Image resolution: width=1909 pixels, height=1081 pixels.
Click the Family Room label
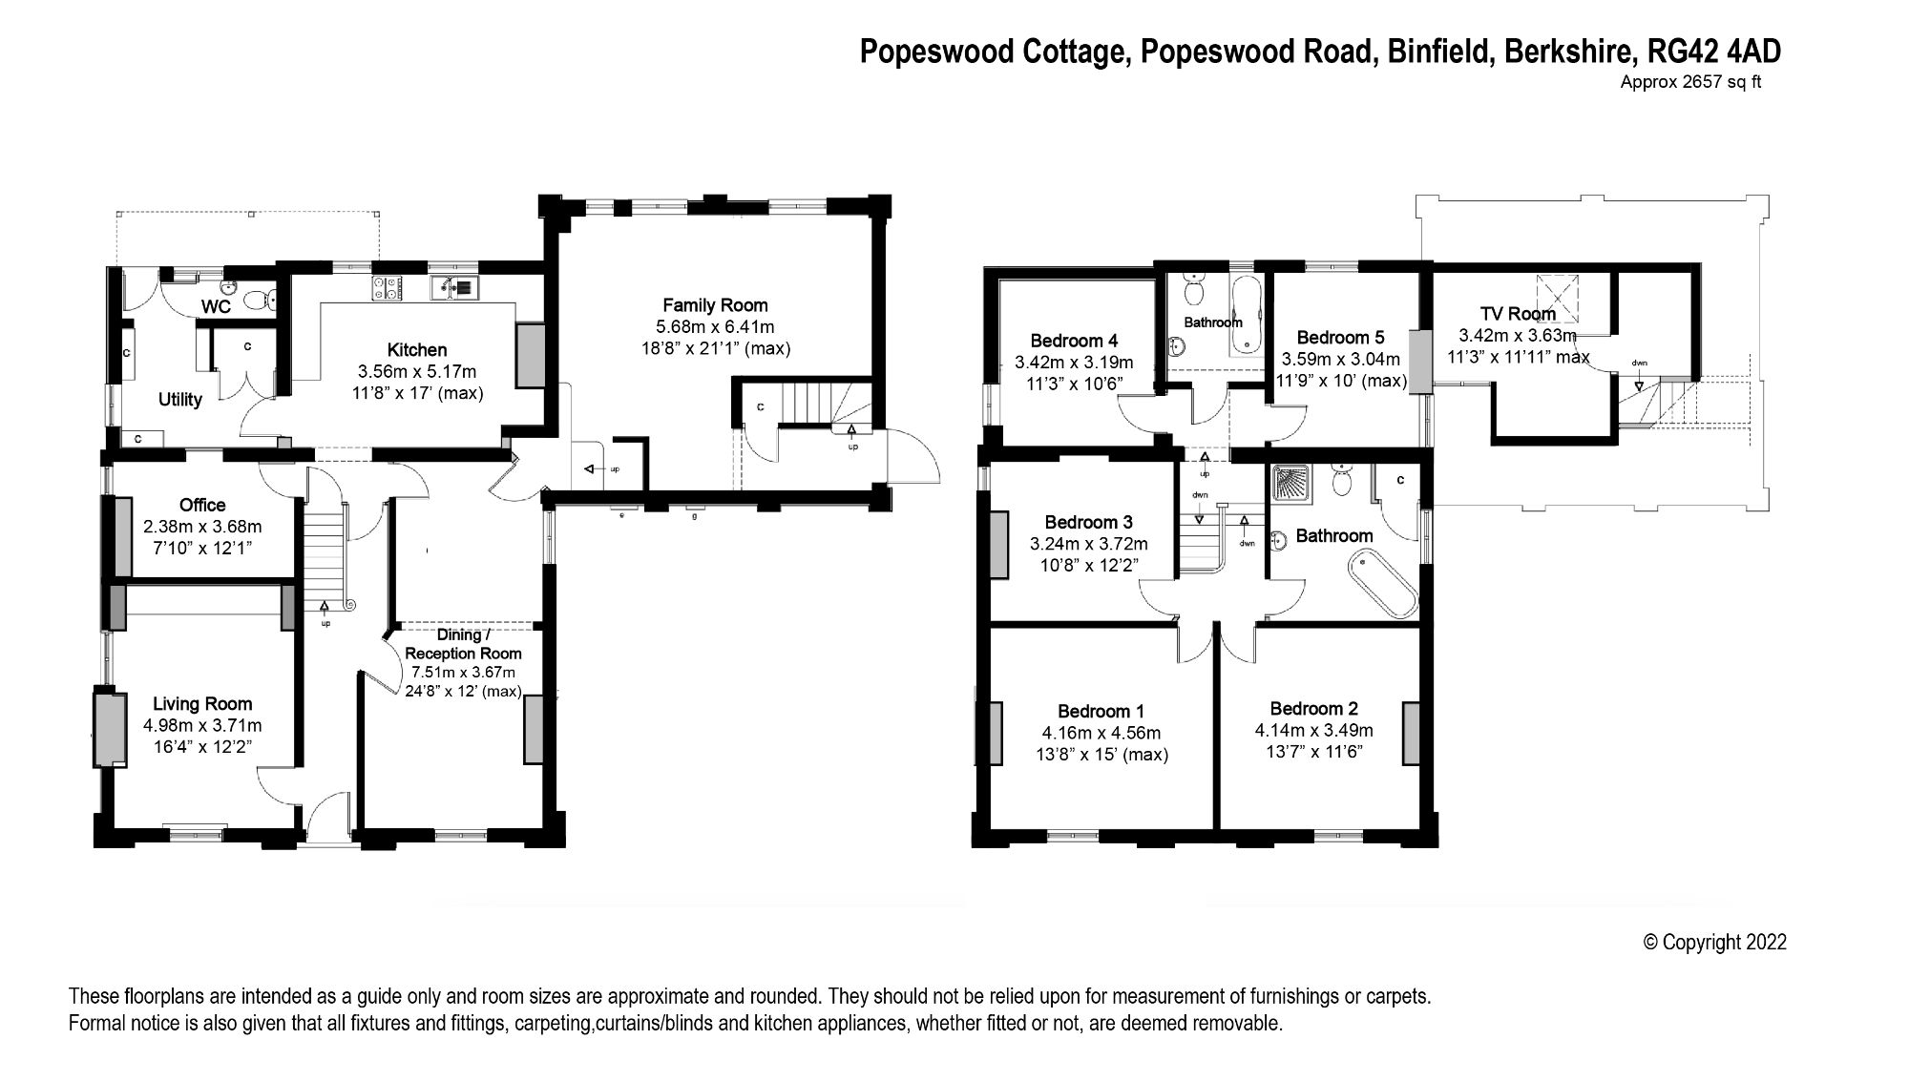click(715, 305)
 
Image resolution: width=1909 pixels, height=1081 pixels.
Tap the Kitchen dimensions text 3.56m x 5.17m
click(416, 371)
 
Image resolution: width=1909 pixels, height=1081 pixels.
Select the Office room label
click(202, 505)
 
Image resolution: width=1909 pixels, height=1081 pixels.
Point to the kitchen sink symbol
click(456, 286)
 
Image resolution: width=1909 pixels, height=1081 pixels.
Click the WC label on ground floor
click(216, 307)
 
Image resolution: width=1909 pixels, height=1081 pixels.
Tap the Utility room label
click(179, 400)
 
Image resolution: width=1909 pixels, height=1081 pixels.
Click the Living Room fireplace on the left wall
click(110, 729)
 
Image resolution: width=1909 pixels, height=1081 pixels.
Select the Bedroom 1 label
click(1101, 711)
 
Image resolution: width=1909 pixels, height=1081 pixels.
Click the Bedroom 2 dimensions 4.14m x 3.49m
click(1313, 730)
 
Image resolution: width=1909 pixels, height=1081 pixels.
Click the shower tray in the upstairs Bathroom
click(1290, 485)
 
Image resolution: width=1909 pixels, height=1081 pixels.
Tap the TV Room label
click(1518, 314)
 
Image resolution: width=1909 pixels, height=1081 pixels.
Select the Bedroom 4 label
click(1074, 341)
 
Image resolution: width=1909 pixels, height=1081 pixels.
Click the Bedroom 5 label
click(1340, 337)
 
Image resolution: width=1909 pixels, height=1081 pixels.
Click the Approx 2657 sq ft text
click(1689, 82)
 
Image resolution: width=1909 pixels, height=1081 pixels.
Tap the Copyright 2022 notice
click(1714, 942)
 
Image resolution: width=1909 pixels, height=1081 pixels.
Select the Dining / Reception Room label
click(463, 644)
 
